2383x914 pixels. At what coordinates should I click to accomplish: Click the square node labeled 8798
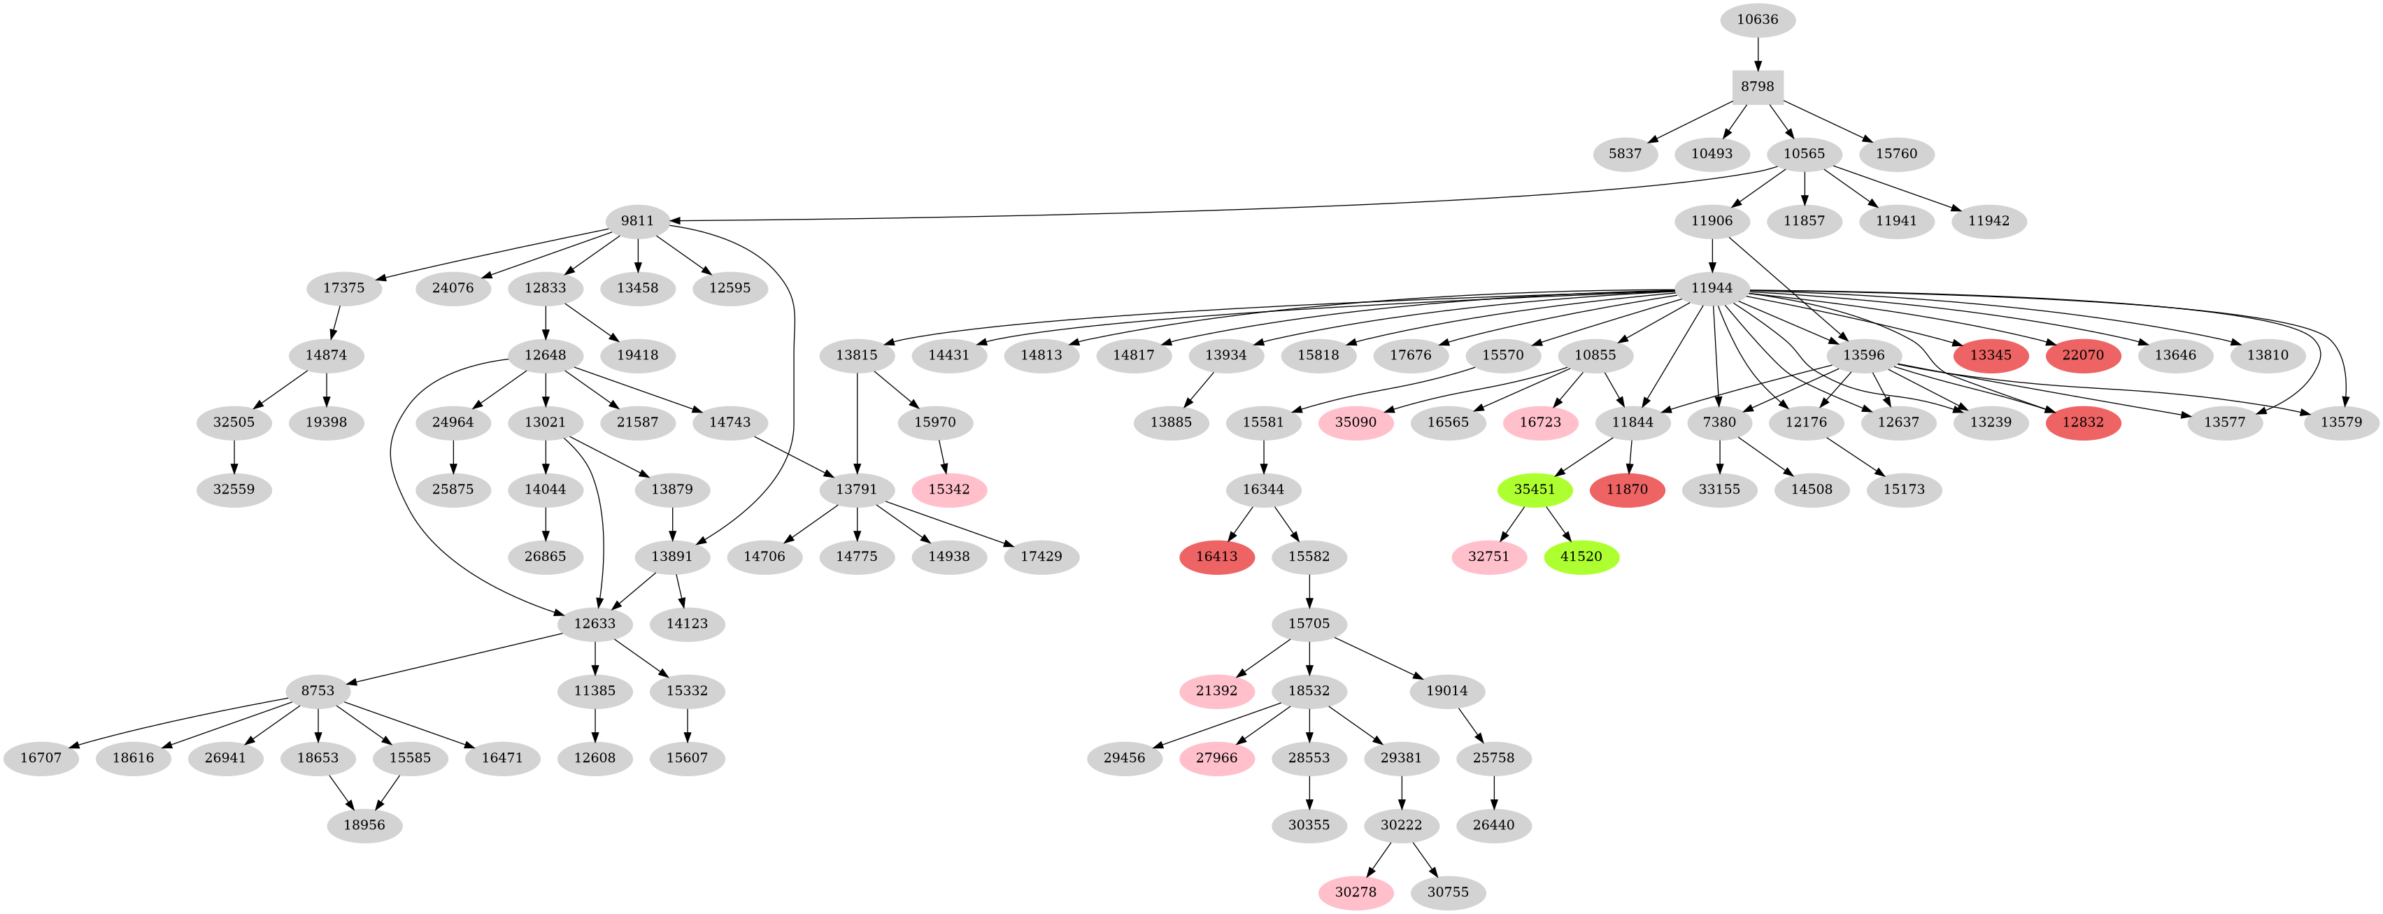(1758, 86)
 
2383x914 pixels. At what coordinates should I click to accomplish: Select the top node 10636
(1758, 20)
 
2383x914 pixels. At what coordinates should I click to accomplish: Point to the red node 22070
(2082, 355)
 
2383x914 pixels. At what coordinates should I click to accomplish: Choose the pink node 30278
(1356, 892)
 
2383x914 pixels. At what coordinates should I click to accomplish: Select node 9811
(637, 221)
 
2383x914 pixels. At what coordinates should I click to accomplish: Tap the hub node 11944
(1712, 287)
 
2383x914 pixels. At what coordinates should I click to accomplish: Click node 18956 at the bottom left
(364, 824)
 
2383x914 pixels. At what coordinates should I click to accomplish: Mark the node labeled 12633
(595, 624)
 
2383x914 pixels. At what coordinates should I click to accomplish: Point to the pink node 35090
(1356, 422)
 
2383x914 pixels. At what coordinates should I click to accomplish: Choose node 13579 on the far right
(2341, 422)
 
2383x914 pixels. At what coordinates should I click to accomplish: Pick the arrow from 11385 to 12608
(595, 723)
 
